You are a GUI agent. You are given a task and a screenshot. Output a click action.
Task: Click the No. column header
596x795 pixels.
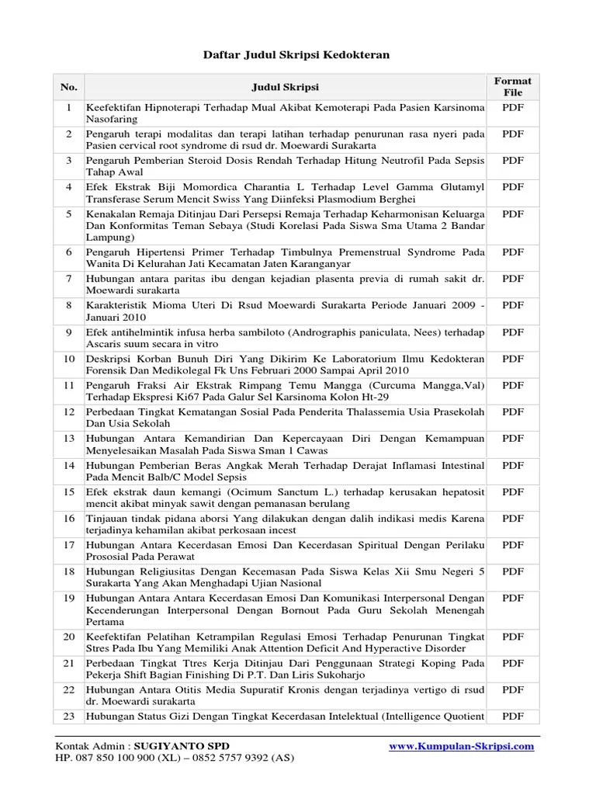68,87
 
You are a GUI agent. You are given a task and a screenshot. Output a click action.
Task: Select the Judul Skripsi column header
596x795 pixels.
286,87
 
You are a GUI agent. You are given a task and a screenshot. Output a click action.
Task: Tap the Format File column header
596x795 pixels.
513,86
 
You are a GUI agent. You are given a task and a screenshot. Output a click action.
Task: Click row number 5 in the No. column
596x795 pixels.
68,213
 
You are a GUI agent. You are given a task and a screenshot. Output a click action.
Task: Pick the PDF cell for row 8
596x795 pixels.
513,305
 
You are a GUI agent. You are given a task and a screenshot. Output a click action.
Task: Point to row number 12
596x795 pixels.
68,411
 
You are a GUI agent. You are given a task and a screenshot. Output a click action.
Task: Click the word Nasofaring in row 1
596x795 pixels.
113,120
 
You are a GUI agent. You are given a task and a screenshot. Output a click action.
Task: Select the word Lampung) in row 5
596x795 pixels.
110,238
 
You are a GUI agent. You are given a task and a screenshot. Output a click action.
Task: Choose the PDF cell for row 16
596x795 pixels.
513,518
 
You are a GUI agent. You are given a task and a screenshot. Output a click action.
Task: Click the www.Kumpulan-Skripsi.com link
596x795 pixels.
461,746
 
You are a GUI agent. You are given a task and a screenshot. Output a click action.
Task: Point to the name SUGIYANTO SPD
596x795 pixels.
182,746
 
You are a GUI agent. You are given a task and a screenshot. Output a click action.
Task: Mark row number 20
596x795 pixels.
68,636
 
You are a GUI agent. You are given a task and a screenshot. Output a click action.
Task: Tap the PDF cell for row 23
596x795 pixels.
513,716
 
